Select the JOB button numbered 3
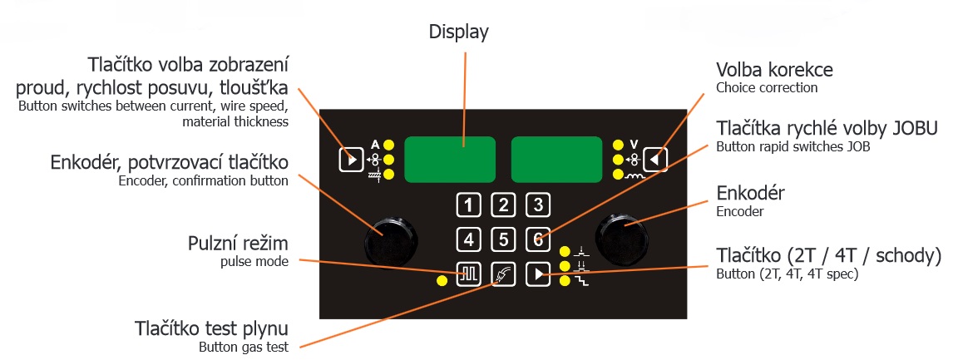537,205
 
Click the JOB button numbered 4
468,240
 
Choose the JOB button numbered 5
502,240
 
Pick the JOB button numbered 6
537,240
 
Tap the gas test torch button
502,274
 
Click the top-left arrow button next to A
351,159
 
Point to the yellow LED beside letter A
388,143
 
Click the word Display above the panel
458,32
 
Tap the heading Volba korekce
774,69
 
